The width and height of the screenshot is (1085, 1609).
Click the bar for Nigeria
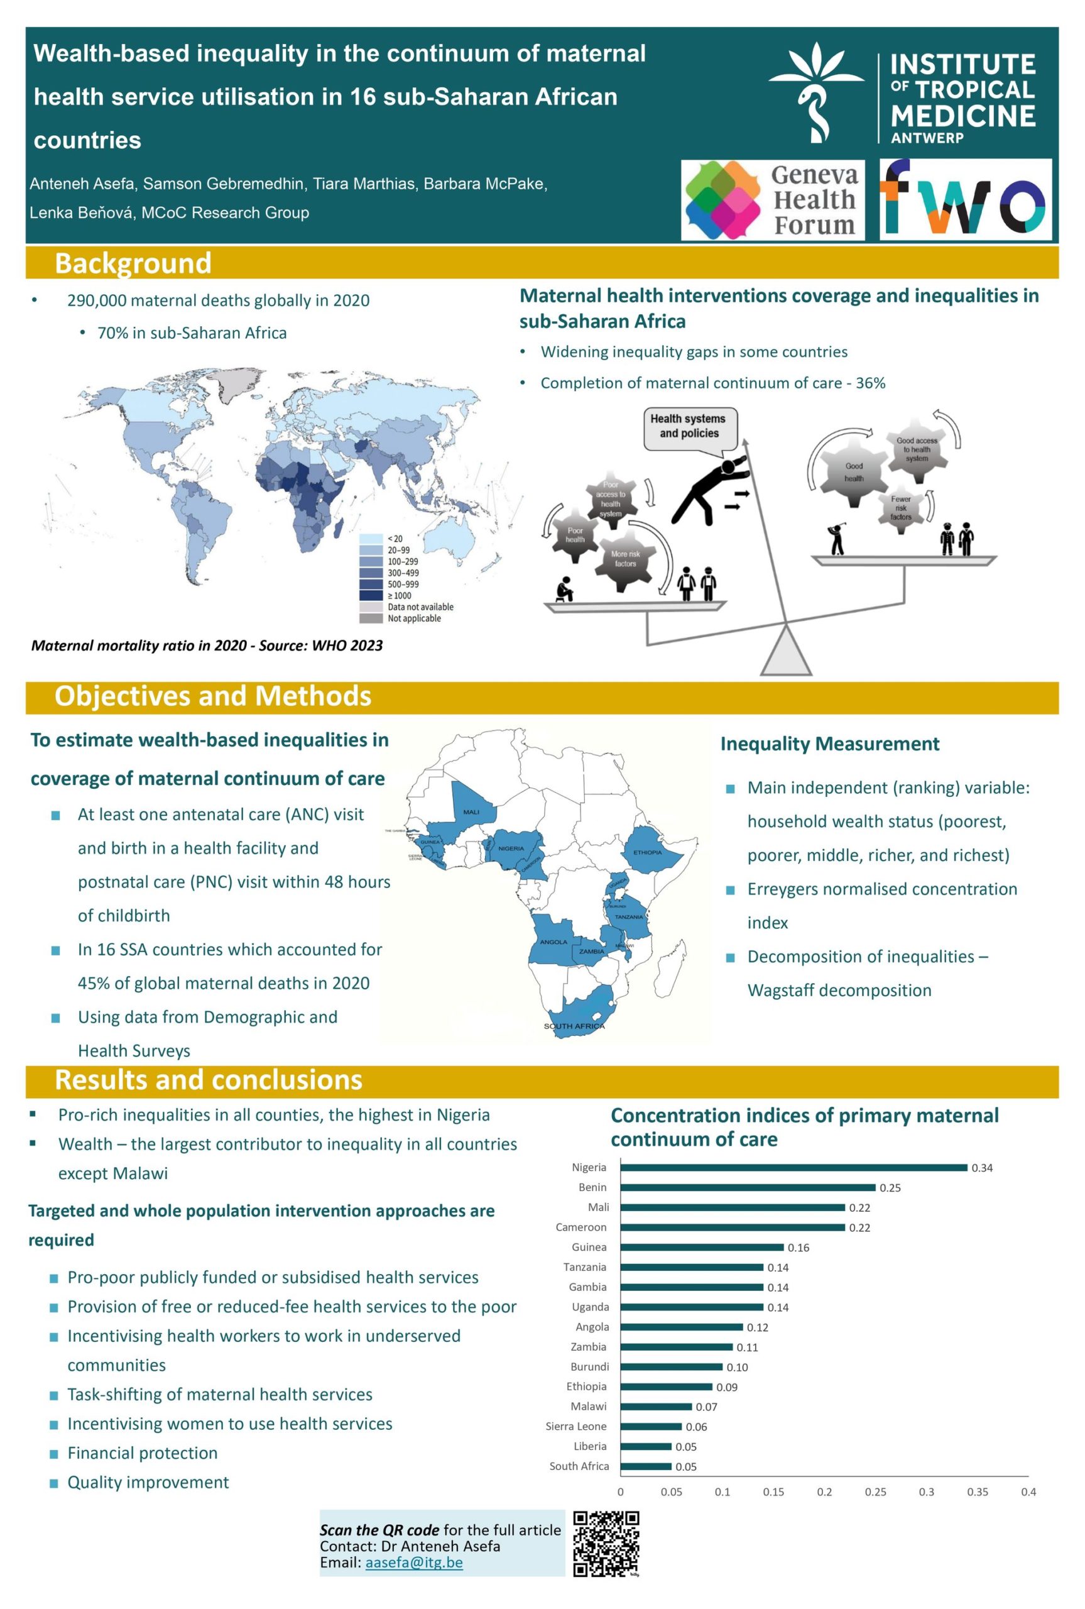pos(793,1168)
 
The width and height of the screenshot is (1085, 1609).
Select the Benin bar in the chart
pos(748,1187)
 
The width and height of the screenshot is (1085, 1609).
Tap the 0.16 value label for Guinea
pos(798,1248)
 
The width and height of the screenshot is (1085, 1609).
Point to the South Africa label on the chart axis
pos(579,1466)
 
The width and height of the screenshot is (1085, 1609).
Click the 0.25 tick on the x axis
pos(875,1492)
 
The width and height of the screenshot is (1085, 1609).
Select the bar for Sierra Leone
pos(651,1426)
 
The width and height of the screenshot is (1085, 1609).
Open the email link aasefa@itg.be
pos(414,1562)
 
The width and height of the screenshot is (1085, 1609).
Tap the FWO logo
pos(965,199)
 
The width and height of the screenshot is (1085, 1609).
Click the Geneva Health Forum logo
pos(772,200)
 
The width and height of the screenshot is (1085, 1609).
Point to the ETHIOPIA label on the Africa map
pos(648,853)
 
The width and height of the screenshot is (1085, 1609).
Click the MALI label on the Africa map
pos(471,812)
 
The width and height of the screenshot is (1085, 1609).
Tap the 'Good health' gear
pos(854,472)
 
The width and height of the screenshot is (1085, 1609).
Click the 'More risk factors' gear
pos(625,559)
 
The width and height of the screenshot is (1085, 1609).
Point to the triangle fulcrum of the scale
pos(786,652)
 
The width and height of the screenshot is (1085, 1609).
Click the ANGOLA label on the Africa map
pos(553,942)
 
